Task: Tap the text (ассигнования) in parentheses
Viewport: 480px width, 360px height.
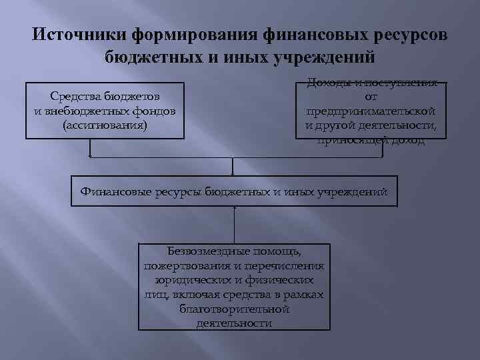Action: point(105,124)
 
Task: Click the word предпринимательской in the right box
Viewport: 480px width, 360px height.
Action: point(371,110)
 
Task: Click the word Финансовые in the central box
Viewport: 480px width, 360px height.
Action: point(116,191)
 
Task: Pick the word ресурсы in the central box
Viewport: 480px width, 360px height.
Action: point(179,191)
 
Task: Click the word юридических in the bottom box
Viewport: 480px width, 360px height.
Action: point(186,280)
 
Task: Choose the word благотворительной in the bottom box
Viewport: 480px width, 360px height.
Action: point(234,309)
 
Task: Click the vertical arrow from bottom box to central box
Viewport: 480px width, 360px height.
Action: point(234,225)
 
